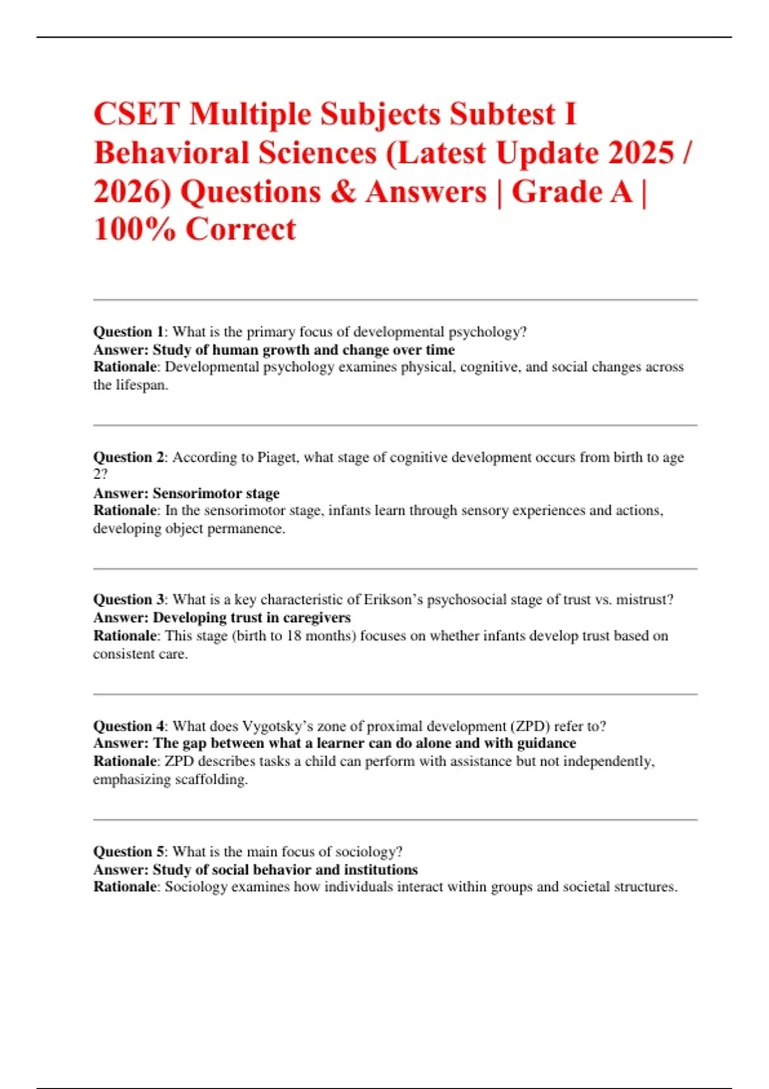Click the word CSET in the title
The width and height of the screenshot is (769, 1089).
click(x=136, y=115)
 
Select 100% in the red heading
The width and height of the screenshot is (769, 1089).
click(x=135, y=229)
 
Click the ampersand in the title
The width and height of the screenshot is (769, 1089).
click(x=343, y=192)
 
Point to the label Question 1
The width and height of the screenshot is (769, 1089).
click(x=129, y=332)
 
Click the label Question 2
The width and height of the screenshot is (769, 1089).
click(x=129, y=457)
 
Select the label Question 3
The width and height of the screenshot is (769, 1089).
click(x=129, y=600)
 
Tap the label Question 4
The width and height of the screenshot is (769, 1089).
click(x=129, y=726)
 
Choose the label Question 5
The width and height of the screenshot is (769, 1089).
click(x=129, y=851)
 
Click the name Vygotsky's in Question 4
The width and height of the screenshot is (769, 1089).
click(x=277, y=726)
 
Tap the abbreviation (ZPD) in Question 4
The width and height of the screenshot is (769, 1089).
click(x=530, y=726)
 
